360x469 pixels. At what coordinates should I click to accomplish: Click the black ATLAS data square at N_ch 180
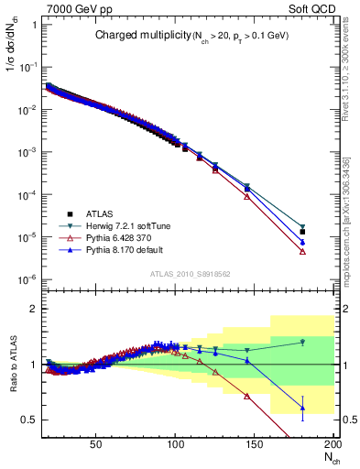[302, 232]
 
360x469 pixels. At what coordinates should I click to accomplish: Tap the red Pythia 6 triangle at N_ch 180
[302, 252]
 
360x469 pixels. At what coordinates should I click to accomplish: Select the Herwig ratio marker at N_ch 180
[302, 343]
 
